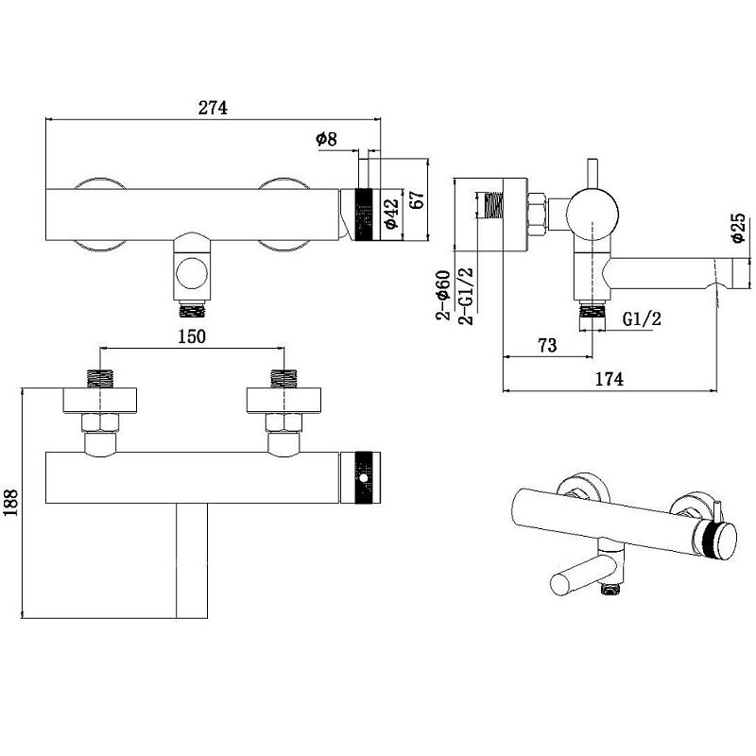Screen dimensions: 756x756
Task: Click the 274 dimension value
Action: (214, 108)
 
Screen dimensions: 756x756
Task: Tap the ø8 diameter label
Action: (326, 140)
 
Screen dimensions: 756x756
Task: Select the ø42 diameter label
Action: (388, 215)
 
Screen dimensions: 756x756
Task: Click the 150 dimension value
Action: (191, 336)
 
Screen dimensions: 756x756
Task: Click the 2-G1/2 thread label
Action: (465, 296)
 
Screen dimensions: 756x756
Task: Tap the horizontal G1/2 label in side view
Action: (641, 319)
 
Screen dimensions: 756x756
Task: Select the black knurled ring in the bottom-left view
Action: (364, 478)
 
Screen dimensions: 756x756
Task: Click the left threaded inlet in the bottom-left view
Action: (100, 378)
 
